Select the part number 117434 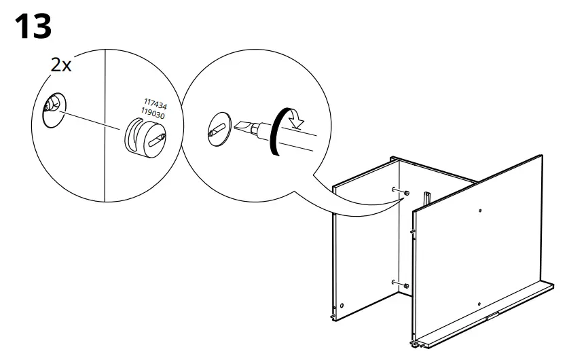pos(156,106)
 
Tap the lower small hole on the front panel pos(479,303)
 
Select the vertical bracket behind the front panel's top pos(428,198)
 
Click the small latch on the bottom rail pos(491,315)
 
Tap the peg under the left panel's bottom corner pos(333,315)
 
